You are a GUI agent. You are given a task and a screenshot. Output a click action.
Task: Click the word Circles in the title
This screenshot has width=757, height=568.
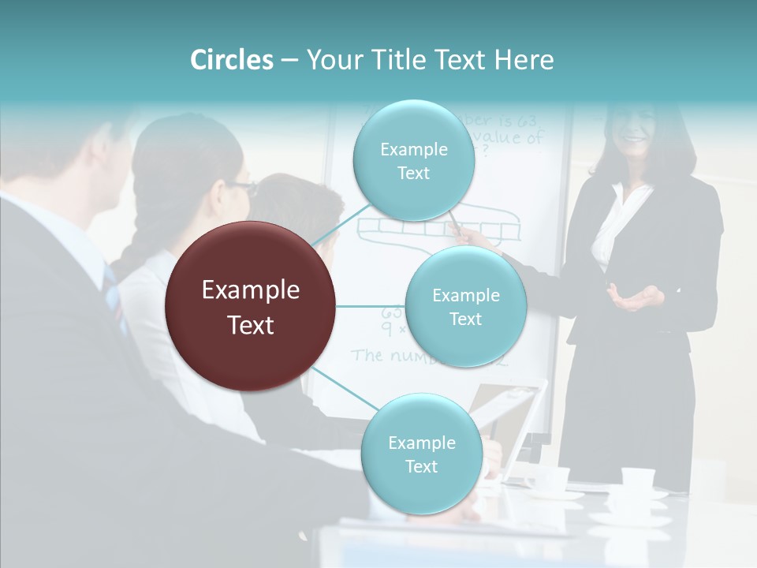coord(232,60)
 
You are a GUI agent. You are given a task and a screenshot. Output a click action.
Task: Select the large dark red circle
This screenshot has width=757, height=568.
coord(251,306)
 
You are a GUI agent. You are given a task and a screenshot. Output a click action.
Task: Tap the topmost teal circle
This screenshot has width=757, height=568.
coord(413,161)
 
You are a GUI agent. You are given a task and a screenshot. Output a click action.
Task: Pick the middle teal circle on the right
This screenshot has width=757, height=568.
coord(465,306)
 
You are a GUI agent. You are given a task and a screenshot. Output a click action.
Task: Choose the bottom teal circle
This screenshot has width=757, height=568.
coord(421,454)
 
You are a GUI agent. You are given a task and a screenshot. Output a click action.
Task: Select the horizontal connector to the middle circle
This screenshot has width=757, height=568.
coord(371,306)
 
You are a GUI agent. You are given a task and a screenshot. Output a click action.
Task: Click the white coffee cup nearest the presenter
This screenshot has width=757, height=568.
coord(638,479)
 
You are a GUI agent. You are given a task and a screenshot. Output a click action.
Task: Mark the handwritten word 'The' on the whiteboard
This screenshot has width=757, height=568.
coord(367,354)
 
